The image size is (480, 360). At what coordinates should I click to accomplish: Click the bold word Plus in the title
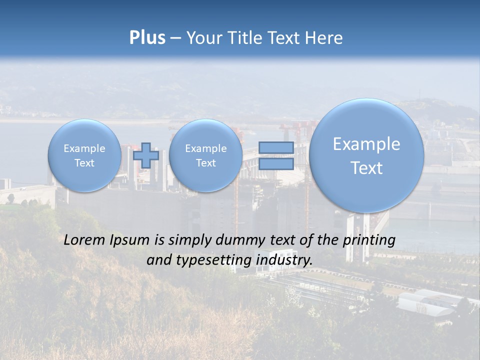(x=147, y=38)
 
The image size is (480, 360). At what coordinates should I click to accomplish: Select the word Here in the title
(x=324, y=38)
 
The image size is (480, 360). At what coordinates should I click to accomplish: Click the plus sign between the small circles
(x=145, y=155)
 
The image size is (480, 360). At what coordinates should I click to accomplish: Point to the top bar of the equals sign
(x=276, y=148)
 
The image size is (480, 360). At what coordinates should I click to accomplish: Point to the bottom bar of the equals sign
(x=276, y=163)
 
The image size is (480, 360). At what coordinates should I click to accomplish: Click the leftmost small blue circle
(x=84, y=155)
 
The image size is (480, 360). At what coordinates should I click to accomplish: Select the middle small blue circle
(x=205, y=155)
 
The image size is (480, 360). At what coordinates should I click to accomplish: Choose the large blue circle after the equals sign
(x=366, y=155)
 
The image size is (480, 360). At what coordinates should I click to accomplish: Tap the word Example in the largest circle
(x=366, y=144)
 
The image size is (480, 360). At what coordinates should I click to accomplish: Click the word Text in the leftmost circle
(x=84, y=163)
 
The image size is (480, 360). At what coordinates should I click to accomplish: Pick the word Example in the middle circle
(x=205, y=148)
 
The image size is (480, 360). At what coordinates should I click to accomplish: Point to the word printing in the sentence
(x=369, y=240)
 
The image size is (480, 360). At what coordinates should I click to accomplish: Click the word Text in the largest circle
(x=366, y=168)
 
